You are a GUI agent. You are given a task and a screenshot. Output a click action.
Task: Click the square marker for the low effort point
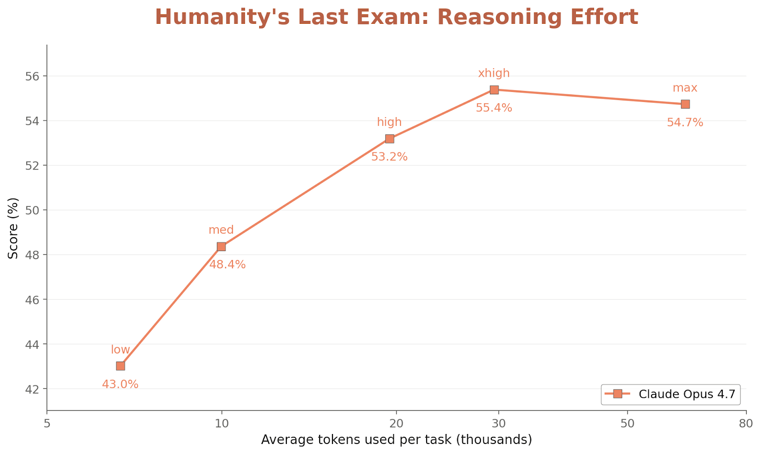pyautogui.click(x=120, y=366)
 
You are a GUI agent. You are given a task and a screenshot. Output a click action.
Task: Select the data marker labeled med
pyautogui.click(x=221, y=246)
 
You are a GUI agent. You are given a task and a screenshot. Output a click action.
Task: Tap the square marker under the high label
pyautogui.click(x=390, y=139)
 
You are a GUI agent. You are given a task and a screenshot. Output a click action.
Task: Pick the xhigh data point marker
pyautogui.click(x=494, y=90)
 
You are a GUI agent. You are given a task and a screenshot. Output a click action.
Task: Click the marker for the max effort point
pyautogui.click(x=685, y=104)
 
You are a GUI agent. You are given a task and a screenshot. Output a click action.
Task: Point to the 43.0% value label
pyautogui.click(x=120, y=384)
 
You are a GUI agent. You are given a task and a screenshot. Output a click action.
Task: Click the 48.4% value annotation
pyautogui.click(x=227, y=265)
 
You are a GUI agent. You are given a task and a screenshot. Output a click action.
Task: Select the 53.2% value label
pyautogui.click(x=389, y=157)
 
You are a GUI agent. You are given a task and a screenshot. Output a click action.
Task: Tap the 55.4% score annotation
pyautogui.click(x=494, y=108)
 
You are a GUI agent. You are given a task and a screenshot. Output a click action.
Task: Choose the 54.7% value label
pyautogui.click(x=684, y=123)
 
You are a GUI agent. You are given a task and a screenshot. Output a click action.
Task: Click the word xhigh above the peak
pyautogui.click(x=494, y=73)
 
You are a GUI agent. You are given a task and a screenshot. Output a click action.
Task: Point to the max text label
pyautogui.click(x=685, y=88)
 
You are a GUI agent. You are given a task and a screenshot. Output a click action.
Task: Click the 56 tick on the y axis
pyautogui.click(x=36, y=76)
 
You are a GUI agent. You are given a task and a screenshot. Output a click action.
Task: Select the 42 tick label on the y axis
pyautogui.click(x=36, y=389)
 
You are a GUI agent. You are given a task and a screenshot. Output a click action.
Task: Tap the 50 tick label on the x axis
pyautogui.click(x=627, y=423)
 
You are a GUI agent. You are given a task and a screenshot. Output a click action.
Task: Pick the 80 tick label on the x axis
pyautogui.click(x=746, y=423)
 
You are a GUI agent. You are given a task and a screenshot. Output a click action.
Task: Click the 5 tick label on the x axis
pyautogui.click(x=47, y=423)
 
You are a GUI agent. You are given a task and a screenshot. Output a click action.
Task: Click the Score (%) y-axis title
pyautogui.click(x=13, y=228)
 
